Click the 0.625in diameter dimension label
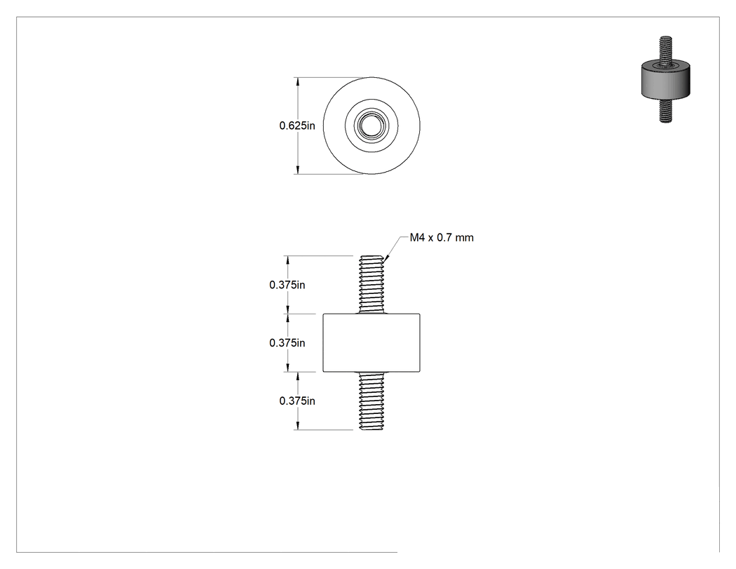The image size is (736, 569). pos(297,126)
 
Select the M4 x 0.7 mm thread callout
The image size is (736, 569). pos(442,238)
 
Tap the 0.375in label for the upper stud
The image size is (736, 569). pos(287,285)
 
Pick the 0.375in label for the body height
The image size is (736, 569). pos(287,343)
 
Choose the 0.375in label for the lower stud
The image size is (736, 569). pos(297,401)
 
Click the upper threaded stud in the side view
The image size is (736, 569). pos(372,285)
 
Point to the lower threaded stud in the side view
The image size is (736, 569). pos(372,401)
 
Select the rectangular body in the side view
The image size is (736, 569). pos(372,343)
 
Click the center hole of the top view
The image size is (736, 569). pos(372,126)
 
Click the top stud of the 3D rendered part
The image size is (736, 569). pos(665,51)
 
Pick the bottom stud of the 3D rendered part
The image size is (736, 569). pos(665,112)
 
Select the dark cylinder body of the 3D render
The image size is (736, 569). pos(665,82)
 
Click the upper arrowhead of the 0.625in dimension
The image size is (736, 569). pos(297,82)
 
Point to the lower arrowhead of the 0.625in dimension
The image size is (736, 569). pos(297,170)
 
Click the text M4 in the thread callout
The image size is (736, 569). pos(417,238)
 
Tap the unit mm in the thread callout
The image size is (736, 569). pos(464,239)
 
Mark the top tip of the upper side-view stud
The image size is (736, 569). pos(372,255)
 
